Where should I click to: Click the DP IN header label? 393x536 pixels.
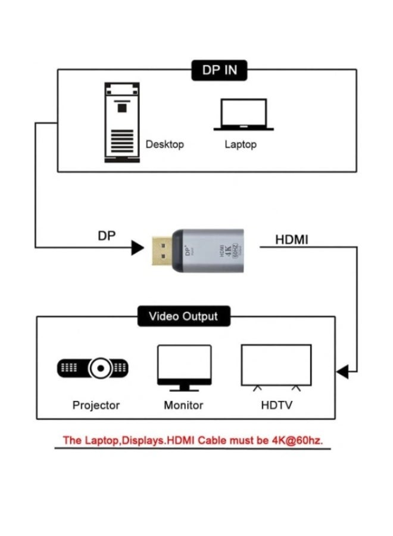click(219, 70)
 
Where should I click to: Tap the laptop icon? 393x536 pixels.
click(244, 115)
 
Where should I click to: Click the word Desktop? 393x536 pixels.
click(165, 145)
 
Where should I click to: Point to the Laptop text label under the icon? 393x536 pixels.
click(241, 145)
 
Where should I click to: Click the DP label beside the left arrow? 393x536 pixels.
click(107, 236)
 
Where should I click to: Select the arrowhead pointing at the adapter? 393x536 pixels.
click(138, 247)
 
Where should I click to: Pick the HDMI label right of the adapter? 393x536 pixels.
click(292, 239)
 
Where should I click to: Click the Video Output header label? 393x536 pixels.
click(183, 316)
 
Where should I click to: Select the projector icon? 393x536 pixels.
click(93, 368)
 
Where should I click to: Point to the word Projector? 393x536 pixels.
click(96, 405)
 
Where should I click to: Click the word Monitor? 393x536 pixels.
click(183, 405)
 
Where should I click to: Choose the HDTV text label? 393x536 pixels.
click(276, 405)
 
